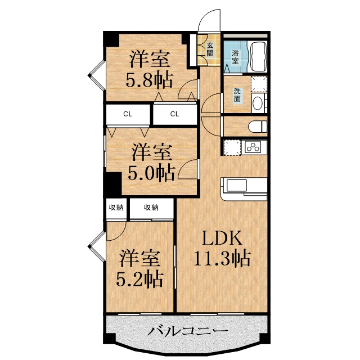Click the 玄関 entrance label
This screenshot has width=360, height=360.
210,49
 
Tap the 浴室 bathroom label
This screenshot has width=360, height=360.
235,57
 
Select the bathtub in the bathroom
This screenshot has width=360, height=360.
259,56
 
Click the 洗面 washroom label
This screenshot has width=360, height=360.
237,95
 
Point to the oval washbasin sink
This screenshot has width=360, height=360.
258,103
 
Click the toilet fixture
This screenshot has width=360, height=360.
258,127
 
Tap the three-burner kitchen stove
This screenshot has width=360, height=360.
254,147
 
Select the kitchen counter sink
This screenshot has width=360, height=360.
236,185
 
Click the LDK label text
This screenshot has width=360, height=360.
222,238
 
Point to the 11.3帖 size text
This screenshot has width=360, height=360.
222,258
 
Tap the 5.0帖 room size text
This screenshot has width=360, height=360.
151,173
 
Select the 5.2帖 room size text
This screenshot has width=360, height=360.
139,279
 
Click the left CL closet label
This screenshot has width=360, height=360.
128,114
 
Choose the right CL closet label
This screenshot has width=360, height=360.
174,114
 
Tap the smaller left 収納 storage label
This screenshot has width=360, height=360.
116,208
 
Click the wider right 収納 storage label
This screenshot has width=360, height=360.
151,208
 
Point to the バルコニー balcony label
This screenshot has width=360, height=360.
187,331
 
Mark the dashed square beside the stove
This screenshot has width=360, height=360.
232,147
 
